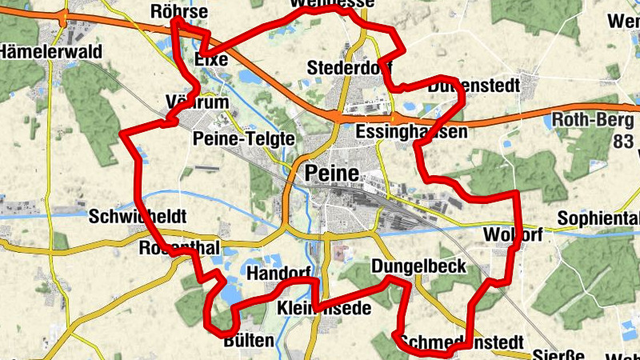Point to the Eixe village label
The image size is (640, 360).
(211, 60)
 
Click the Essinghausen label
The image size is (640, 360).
(410, 132)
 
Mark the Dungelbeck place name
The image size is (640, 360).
(419, 266)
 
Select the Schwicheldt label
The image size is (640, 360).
(137, 216)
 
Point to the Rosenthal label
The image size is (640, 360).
(179, 249)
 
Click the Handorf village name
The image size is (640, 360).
(278, 274)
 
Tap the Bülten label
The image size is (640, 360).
(249, 341)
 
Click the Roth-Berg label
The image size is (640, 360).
(593, 121)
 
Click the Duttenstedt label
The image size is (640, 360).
(473, 85)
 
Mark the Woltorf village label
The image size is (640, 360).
(513, 234)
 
